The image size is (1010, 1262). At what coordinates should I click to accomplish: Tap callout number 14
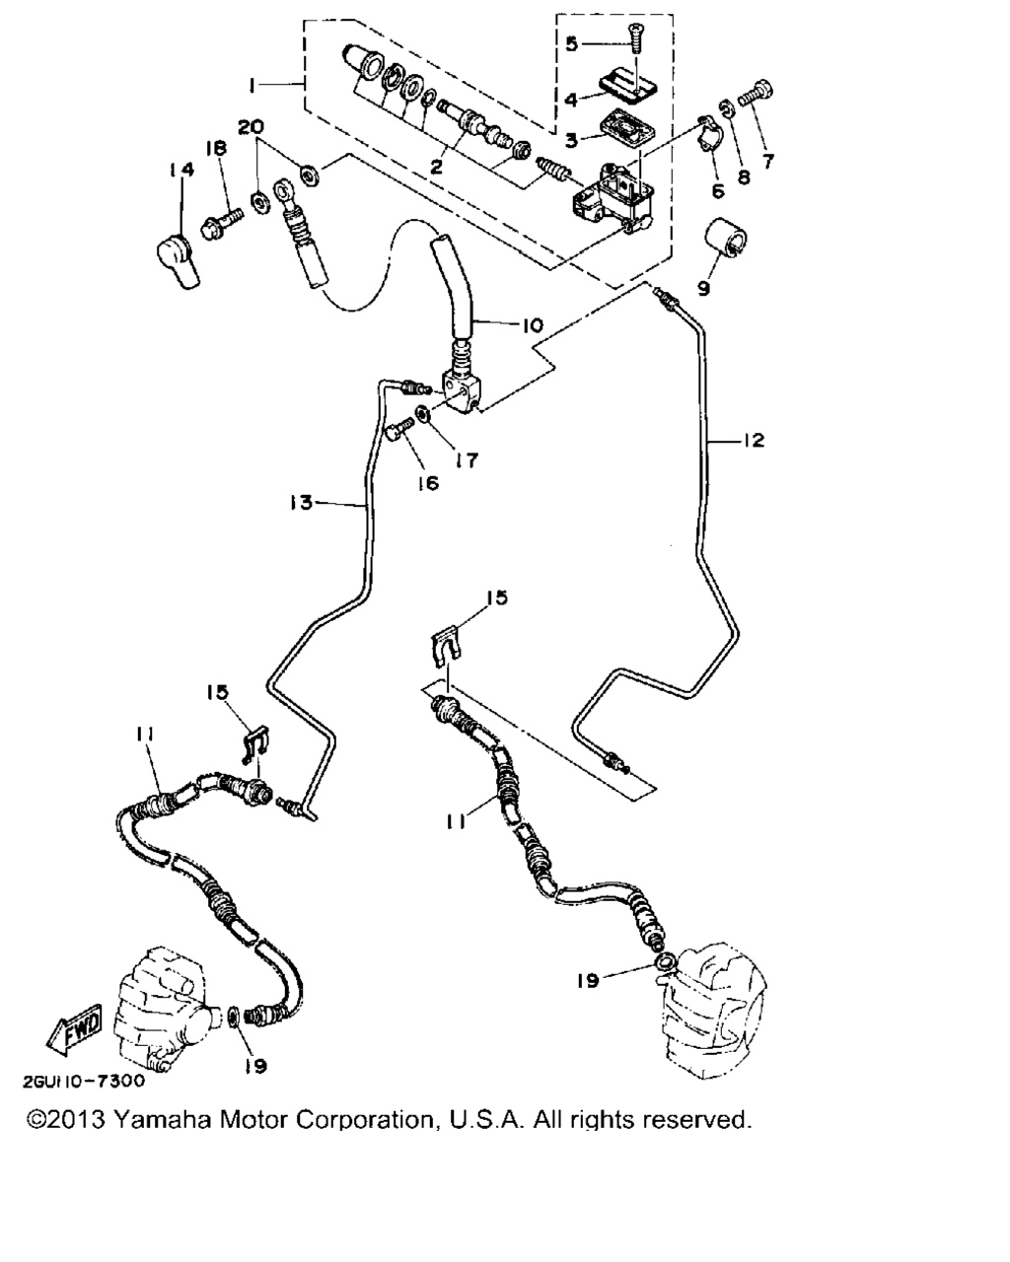[x=180, y=170]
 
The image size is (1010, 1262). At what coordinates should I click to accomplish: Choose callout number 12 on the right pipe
[x=754, y=440]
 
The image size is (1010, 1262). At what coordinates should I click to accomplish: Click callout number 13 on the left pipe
[x=301, y=502]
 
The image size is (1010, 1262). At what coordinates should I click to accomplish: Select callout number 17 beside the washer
[x=468, y=460]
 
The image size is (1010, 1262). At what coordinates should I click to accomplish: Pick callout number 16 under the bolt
[x=428, y=483]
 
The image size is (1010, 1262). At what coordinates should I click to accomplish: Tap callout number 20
[x=252, y=126]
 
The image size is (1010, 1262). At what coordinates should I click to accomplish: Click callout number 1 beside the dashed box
[x=252, y=86]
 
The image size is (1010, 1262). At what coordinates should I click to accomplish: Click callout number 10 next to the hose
[x=533, y=325]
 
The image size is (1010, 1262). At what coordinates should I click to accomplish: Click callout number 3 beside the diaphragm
[x=571, y=141]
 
